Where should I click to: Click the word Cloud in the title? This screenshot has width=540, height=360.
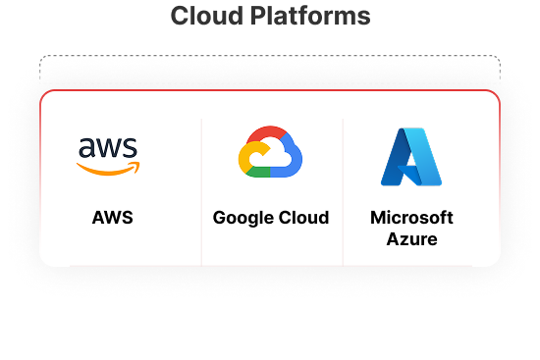tap(204, 17)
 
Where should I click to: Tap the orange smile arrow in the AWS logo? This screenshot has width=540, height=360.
tap(109, 169)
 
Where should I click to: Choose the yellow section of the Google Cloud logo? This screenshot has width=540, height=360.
tap(245, 157)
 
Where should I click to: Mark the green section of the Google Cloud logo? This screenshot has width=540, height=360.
tap(263, 172)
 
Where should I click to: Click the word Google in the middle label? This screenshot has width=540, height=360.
tap(241, 217)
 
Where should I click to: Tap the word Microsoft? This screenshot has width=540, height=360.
tap(411, 217)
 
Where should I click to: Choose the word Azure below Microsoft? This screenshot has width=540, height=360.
tap(411, 238)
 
